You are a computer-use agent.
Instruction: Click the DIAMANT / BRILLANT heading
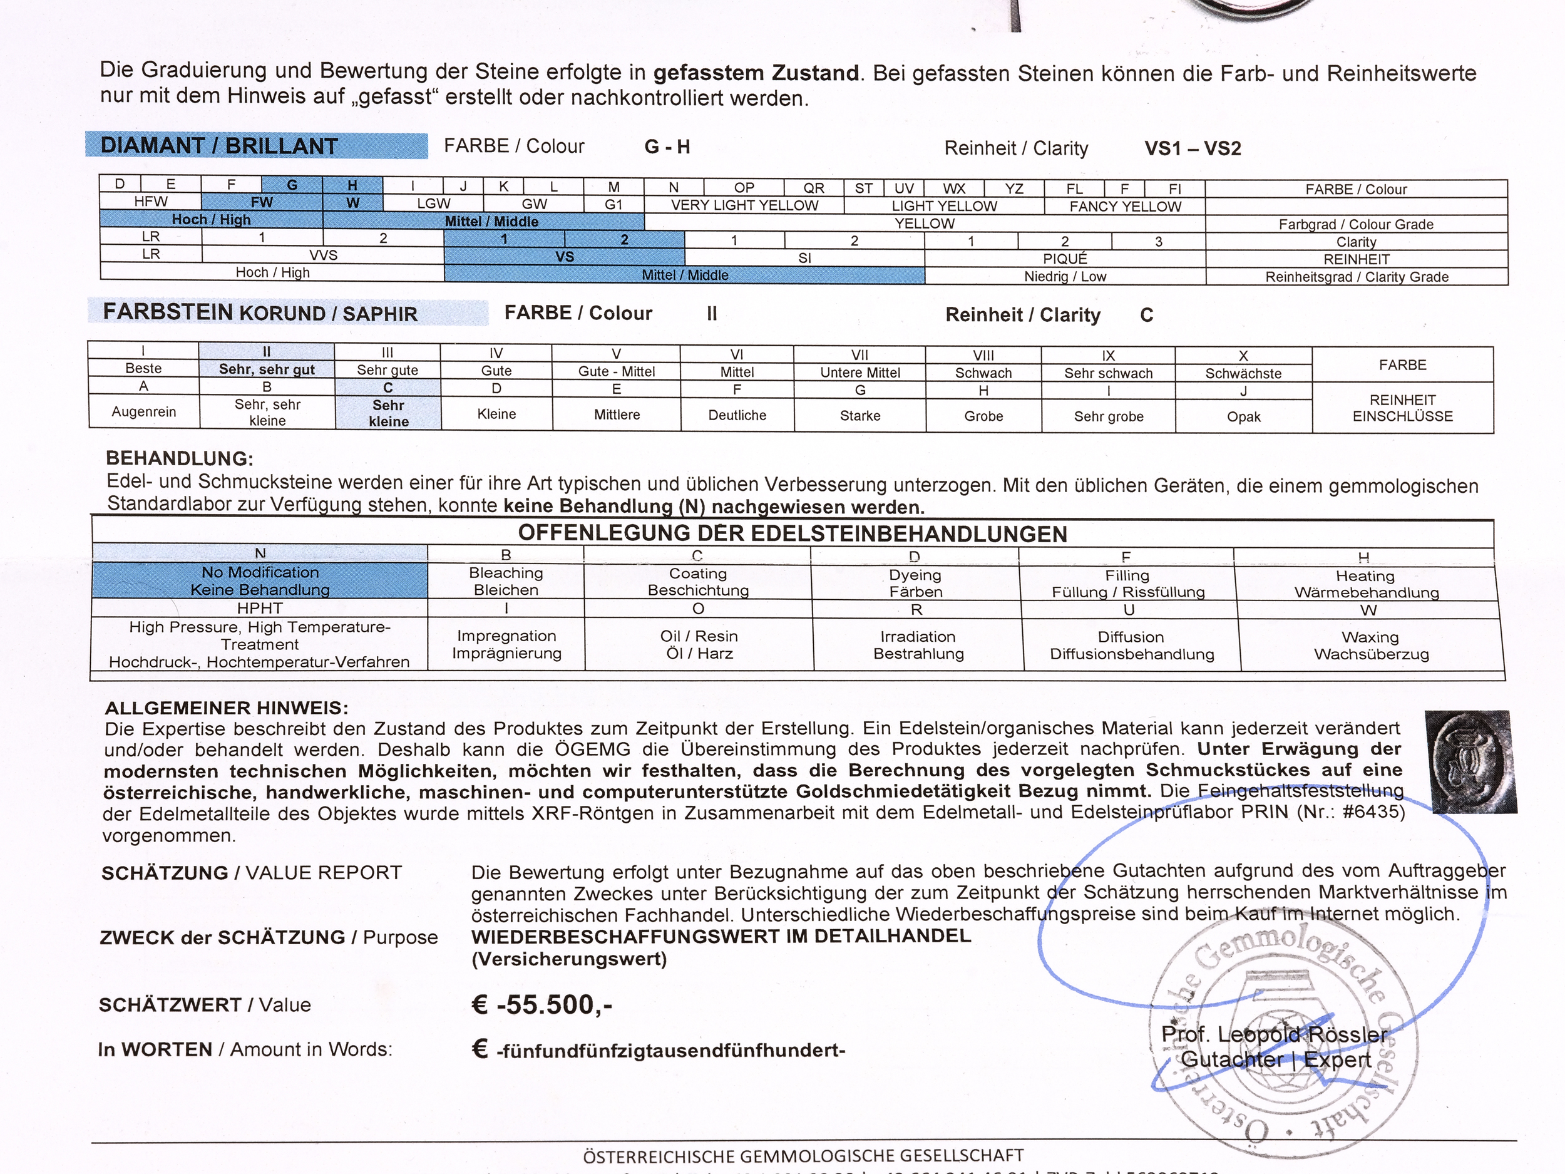tap(219, 146)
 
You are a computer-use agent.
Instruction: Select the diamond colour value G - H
tap(667, 147)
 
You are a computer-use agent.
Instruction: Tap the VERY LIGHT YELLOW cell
tap(744, 205)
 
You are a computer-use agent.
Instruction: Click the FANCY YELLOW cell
tap(1125, 207)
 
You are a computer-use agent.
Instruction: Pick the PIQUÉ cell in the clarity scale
tap(1065, 259)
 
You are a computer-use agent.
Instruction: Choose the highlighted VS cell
tap(564, 257)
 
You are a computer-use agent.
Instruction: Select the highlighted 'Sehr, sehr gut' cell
tap(267, 369)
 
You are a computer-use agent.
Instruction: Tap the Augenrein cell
tap(143, 412)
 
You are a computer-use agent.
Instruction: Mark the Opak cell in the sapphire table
tap(1243, 416)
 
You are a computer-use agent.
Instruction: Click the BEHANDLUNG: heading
tap(179, 458)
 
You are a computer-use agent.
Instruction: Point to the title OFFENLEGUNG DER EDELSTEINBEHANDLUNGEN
tap(793, 533)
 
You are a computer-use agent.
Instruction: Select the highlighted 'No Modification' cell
tap(260, 581)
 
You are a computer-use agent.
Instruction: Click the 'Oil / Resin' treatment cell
tap(699, 645)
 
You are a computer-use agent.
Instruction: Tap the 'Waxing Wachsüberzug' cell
tap(1370, 646)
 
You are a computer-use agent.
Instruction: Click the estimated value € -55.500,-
tap(542, 1005)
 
